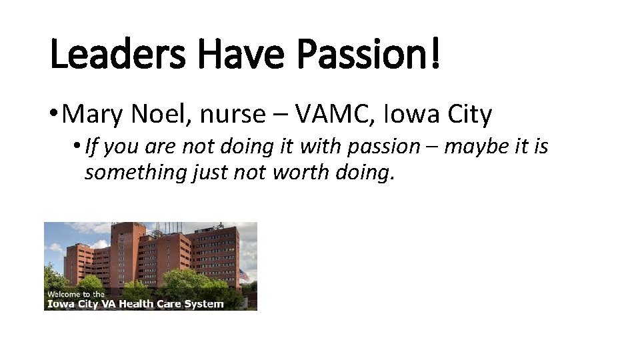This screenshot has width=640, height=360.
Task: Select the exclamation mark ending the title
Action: tap(435, 55)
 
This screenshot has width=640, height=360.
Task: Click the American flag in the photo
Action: tap(243, 275)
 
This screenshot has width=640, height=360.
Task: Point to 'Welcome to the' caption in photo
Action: tap(75, 294)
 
